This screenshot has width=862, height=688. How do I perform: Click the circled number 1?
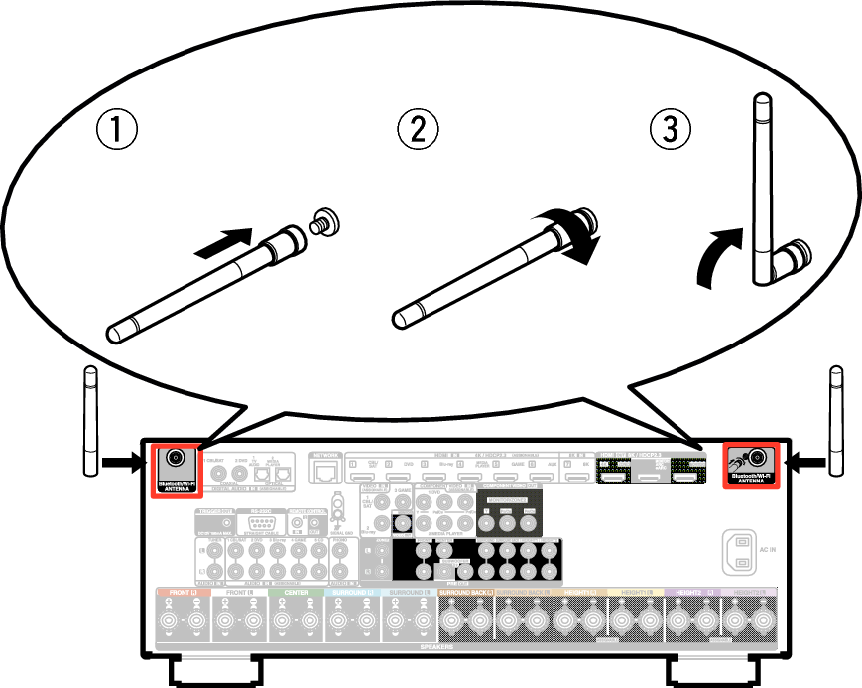pos(117,129)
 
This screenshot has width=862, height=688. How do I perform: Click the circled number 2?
pos(418,129)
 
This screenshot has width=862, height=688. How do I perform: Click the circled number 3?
pos(670,129)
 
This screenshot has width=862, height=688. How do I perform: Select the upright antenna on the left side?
pos(90,422)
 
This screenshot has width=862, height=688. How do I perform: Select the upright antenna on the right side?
pos(836,422)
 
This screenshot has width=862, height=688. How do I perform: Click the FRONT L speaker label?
pos(184,593)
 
